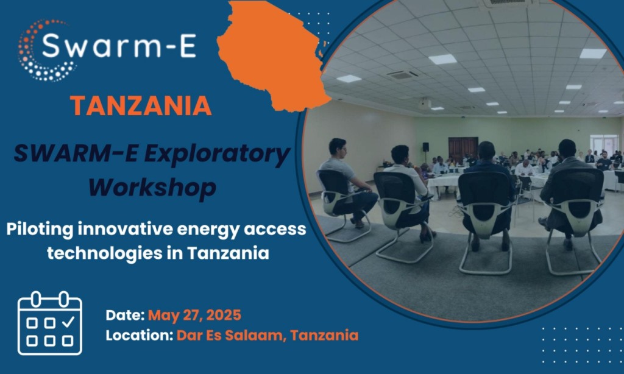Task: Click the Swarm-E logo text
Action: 119,46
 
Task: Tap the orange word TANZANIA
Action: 141,106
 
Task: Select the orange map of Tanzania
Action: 274,55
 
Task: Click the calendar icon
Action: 50,323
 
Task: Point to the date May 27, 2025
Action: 194,316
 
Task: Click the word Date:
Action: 125,315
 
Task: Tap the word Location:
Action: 140,335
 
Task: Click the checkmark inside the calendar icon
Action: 68,321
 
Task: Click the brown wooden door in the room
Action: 463,150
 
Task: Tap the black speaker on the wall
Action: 425,147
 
